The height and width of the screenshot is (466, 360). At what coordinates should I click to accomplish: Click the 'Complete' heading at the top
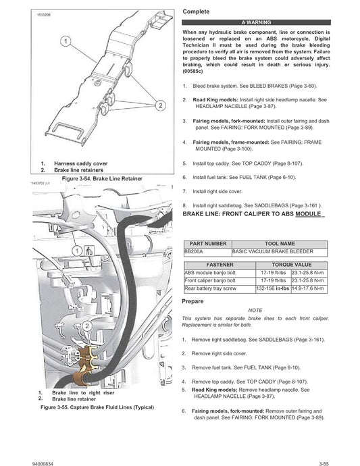[x=196, y=12]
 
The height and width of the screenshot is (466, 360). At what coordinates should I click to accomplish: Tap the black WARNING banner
[x=256, y=22]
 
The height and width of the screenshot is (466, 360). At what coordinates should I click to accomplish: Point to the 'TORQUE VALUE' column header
[x=291, y=265]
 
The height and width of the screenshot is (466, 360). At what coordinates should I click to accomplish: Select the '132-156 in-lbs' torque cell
[x=273, y=288]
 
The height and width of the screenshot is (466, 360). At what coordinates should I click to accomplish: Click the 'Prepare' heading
[x=195, y=301]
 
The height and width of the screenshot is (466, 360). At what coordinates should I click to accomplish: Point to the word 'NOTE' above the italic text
[x=256, y=309]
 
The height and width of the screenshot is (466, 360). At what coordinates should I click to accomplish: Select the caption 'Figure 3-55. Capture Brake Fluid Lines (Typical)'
[x=97, y=408]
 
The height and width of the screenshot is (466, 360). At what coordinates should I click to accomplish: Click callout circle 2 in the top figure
[x=161, y=105]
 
